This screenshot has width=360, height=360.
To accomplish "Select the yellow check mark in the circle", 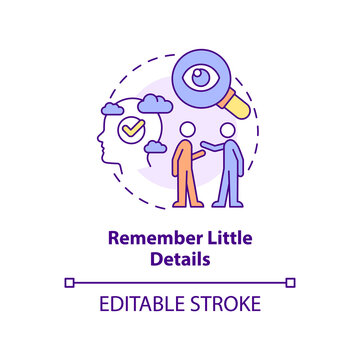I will coord(130,129).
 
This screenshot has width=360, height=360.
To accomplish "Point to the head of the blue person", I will coord(229,131).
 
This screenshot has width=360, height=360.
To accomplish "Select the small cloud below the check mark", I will coord(154,148).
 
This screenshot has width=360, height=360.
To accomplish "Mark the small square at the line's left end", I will coord(69,283).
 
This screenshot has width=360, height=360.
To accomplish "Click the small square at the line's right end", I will coord(291,283).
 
